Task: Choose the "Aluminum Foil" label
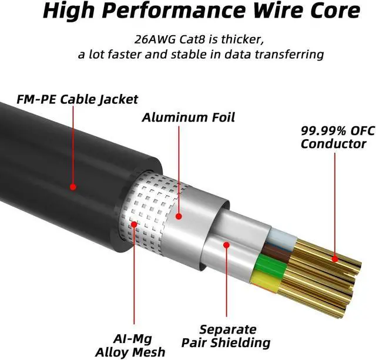(188, 117)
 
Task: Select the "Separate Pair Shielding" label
(226, 335)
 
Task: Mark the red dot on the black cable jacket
(73, 187)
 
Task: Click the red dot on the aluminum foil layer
(179, 216)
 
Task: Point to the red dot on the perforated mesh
(134, 224)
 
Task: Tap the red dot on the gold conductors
(334, 258)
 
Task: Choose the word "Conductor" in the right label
(333, 144)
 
